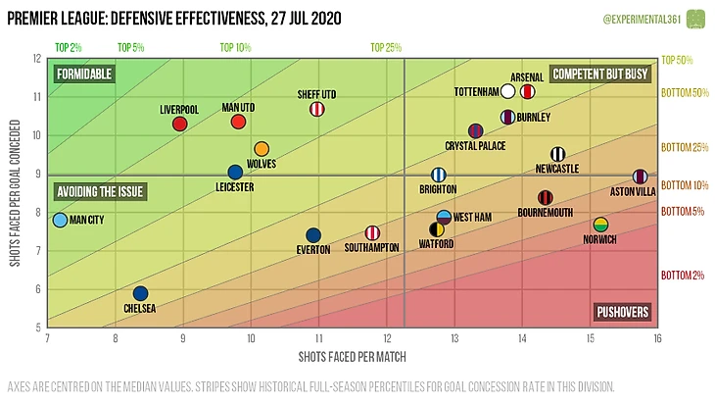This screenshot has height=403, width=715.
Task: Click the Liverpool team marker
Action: (x=179, y=124)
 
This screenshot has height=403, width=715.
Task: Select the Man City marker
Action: (x=60, y=221)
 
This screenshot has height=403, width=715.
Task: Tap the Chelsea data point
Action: (x=140, y=293)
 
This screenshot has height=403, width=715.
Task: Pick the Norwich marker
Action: (x=601, y=225)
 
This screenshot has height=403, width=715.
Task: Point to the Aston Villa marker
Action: (x=640, y=176)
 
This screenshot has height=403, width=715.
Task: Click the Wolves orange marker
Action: (x=262, y=149)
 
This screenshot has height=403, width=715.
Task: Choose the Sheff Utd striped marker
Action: (x=317, y=109)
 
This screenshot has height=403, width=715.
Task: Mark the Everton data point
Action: (x=313, y=235)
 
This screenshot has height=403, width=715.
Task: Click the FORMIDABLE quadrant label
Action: (x=85, y=75)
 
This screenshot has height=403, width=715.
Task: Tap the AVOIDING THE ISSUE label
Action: (x=102, y=192)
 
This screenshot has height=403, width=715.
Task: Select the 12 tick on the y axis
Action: (x=37, y=58)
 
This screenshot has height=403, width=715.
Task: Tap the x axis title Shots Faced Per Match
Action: (x=353, y=356)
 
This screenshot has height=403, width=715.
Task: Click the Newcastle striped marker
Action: (x=558, y=154)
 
